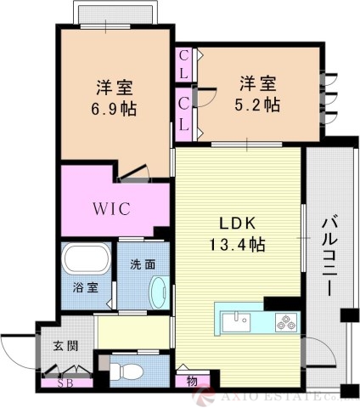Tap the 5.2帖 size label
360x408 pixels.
[259, 105]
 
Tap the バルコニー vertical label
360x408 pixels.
[328, 256]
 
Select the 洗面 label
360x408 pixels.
[143, 264]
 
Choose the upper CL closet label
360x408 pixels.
[184, 66]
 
